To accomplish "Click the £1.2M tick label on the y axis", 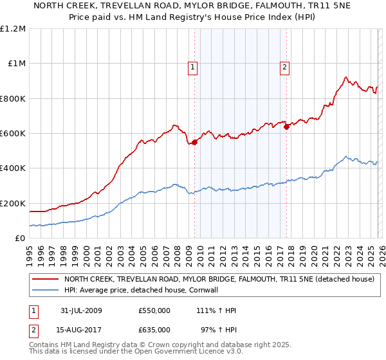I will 14,28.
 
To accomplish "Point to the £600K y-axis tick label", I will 14,133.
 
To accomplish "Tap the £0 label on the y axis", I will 20,238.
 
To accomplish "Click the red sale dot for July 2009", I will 194,142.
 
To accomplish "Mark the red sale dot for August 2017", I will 287,127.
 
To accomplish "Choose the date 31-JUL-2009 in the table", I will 80,310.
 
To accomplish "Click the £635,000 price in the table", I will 154,330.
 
